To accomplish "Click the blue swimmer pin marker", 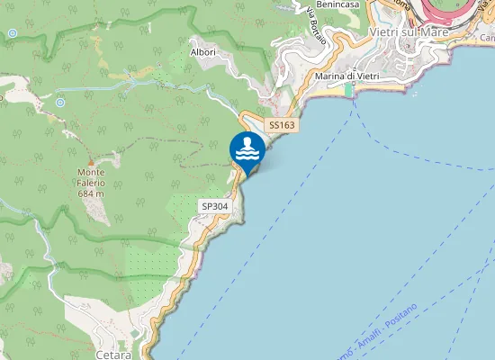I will pyautogui.click(x=247, y=150).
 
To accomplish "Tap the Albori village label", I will pyautogui.click(x=202, y=52).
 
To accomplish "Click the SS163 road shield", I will pyautogui.click(x=282, y=125).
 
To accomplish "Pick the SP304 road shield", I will pyautogui.click(x=215, y=206).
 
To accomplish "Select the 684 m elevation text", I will pyautogui.click(x=92, y=193).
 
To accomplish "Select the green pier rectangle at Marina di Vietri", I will pyautogui.click(x=349, y=89).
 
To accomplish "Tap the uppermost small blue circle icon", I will pyautogui.click(x=12, y=33).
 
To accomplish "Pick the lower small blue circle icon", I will pyautogui.click(x=59, y=103).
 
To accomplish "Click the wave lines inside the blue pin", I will pyautogui.click(x=247, y=154).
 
